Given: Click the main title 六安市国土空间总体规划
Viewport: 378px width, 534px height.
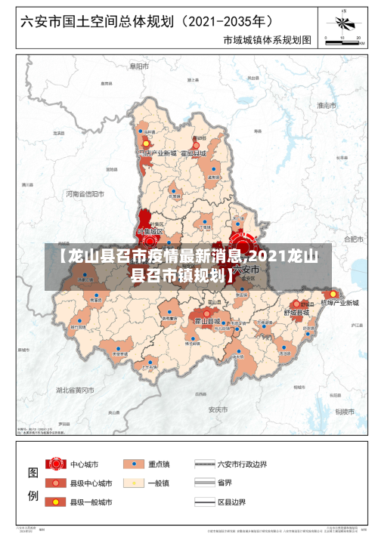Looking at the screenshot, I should coord(102,21).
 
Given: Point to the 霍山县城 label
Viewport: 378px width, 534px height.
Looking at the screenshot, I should coord(207,322).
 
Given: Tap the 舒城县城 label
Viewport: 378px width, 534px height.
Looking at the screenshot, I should coord(296,311).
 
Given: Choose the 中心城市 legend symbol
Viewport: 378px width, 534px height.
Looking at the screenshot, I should coord(54,463).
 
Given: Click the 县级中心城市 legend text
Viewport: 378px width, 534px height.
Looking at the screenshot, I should coord(91,483).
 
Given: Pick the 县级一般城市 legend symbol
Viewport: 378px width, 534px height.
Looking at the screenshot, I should coord(54,502).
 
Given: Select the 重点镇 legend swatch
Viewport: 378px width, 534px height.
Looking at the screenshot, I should coord(135,463).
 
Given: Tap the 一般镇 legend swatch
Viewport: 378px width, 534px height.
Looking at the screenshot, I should coord(135,483).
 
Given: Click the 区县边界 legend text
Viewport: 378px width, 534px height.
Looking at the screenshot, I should coord(235,502).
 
